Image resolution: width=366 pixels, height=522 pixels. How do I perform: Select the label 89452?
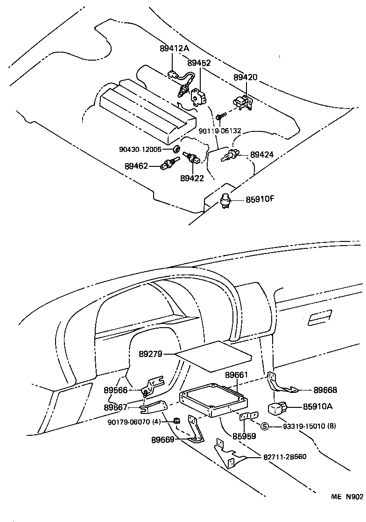(199, 63)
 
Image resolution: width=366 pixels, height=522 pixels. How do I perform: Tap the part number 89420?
(245, 77)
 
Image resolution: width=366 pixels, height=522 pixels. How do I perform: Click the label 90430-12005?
(140, 150)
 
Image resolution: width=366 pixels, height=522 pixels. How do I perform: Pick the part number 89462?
(136, 165)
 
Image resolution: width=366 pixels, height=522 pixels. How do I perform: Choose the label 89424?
(262, 155)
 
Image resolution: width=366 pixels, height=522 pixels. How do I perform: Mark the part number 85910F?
(260, 200)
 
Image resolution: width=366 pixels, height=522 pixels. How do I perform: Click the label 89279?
(150, 354)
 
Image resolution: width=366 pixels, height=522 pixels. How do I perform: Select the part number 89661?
(237, 375)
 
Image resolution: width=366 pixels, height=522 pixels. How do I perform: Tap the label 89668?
(325, 390)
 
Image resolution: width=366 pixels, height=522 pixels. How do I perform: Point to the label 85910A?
(317, 406)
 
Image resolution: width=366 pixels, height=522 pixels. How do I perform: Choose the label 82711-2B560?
(284, 456)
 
